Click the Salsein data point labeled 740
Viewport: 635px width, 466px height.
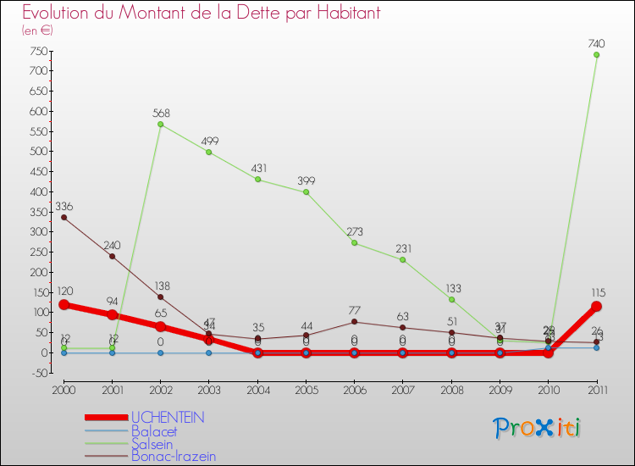coord(596,55)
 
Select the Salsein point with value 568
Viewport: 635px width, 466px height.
coord(160,125)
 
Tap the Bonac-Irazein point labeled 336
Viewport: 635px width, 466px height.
coord(63,218)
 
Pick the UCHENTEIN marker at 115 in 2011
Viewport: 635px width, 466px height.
coord(596,307)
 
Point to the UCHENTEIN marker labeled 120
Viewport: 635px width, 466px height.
coord(63,305)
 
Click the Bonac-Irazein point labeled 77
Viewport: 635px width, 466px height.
coord(354,322)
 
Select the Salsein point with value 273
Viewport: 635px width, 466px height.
coord(354,243)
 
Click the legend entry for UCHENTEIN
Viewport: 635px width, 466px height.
coord(168,418)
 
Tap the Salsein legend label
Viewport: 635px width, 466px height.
coord(152,443)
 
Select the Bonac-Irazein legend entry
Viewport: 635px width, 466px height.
coord(173,456)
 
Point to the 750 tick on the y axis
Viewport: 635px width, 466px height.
coord(36,51)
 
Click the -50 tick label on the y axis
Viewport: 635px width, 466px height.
coord(36,373)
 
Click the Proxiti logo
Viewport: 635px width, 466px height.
coord(538,428)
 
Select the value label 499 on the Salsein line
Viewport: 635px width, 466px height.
coord(209,141)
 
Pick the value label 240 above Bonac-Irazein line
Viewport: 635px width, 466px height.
coord(112,246)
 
